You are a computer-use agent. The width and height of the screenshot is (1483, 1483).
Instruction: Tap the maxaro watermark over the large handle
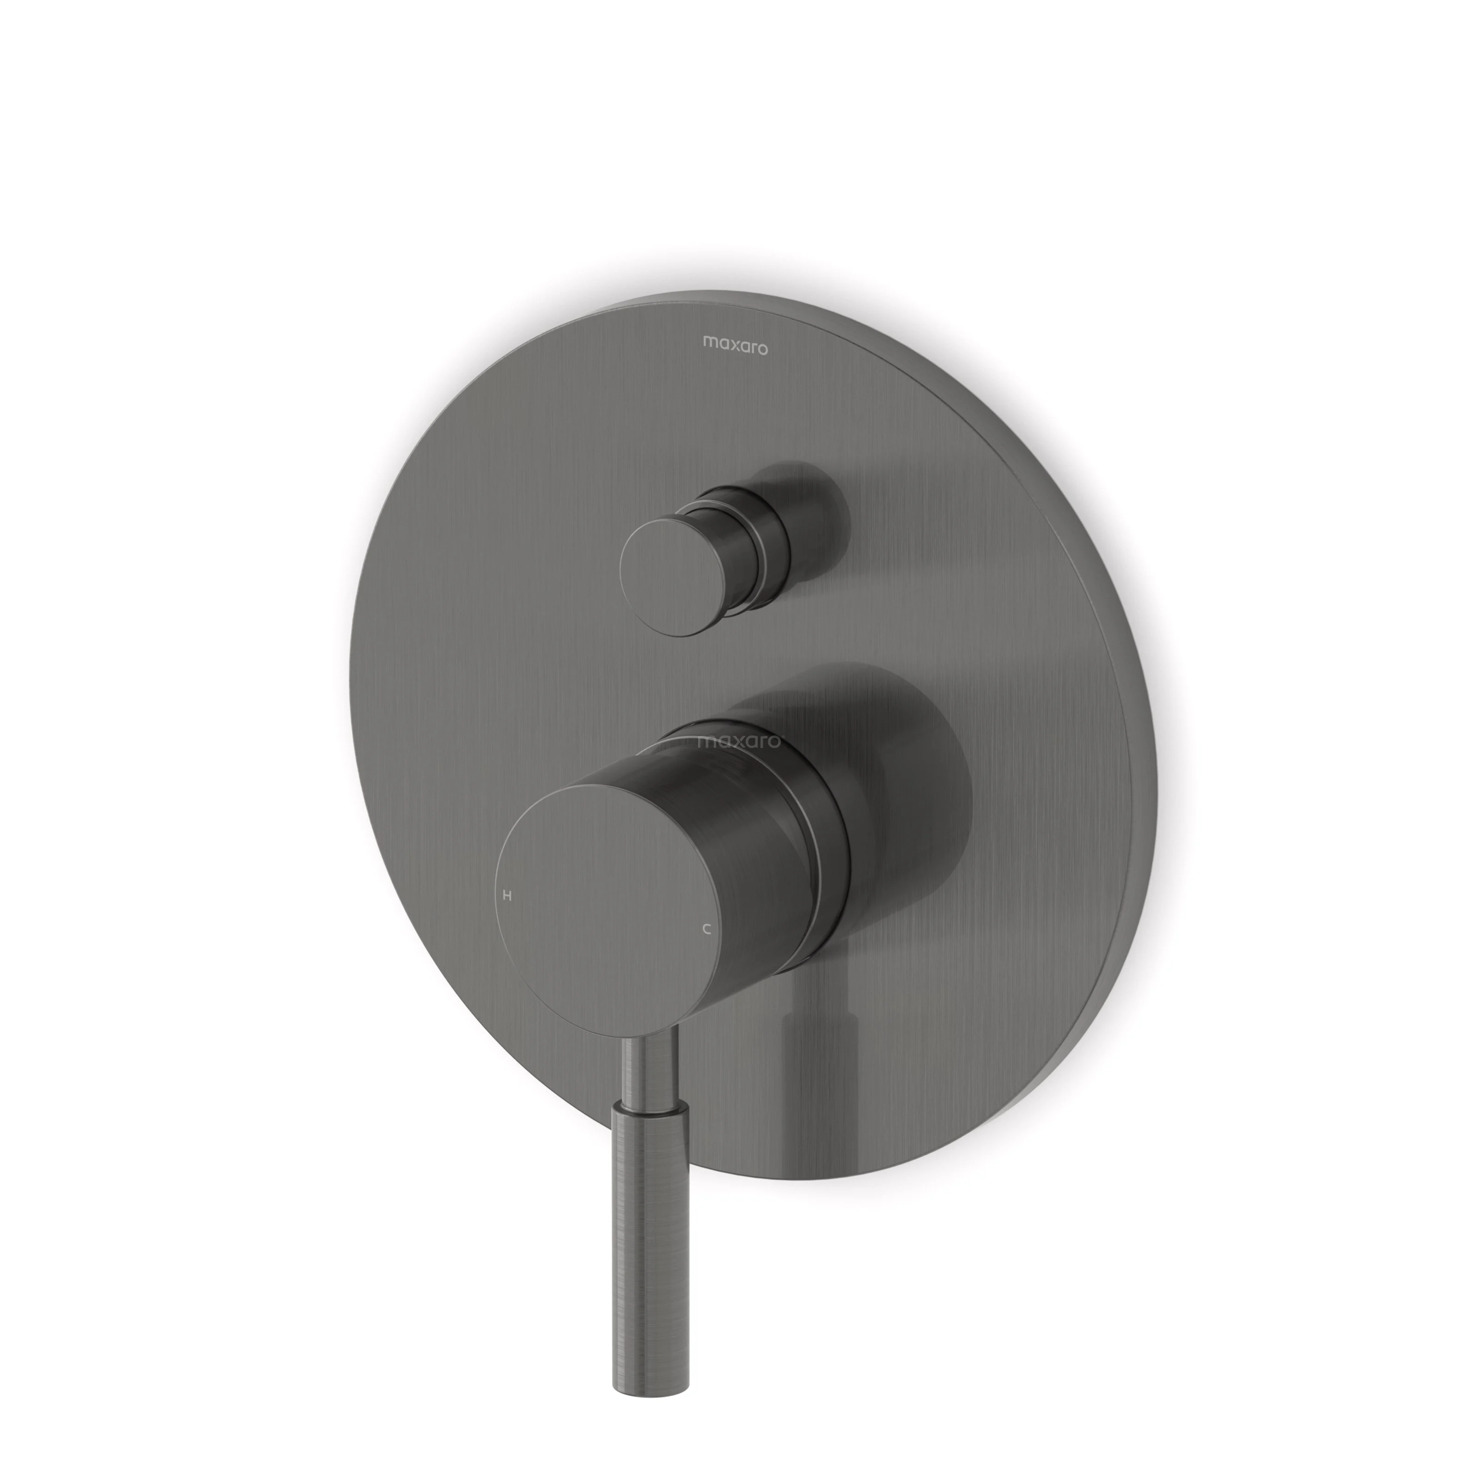[738, 741]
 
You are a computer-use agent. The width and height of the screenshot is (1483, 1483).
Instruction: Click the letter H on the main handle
[507, 895]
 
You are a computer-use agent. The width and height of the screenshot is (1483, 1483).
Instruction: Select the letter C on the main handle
[707, 929]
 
